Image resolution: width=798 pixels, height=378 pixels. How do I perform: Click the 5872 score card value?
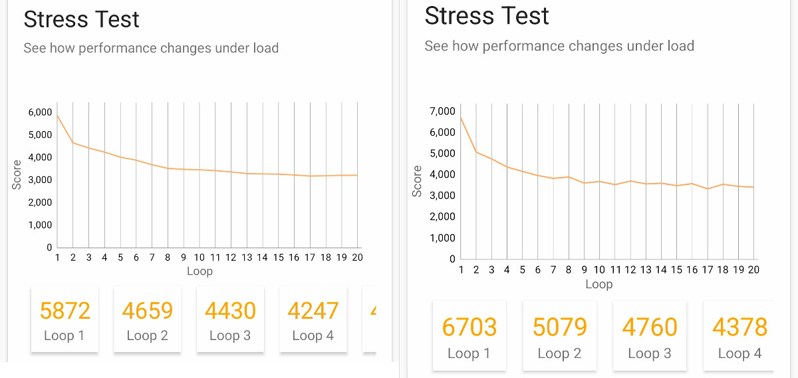click(x=65, y=311)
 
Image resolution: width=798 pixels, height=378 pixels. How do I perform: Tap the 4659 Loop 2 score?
click(x=147, y=311)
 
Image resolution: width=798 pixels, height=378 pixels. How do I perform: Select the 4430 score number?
click(x=230, y=311)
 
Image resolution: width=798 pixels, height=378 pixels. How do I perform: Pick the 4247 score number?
click(x=313, y=311)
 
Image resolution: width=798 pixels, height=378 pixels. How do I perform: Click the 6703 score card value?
click(x=469, y=327)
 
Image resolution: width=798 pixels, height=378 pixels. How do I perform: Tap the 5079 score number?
click(x=559, y=327)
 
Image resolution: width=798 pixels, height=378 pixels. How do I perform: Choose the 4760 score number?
click(x=650, y=327)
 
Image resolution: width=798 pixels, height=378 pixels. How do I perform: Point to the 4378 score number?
click(x=739, y=327)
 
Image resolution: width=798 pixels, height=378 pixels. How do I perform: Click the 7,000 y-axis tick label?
click(x=442, y=110)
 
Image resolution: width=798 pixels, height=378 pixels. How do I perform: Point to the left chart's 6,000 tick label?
click(x=40, y=112)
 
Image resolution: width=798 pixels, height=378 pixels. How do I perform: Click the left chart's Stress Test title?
click(x=82, y=19)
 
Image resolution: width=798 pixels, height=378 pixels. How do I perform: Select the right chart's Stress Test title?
click(x=487, y=15)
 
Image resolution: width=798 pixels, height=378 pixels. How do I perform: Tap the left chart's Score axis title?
click(x=17, y=174)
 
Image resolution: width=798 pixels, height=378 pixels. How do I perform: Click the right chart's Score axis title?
click(x=417, y=181)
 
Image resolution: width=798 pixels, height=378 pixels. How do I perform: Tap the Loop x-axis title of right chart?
click(x=598, y=284)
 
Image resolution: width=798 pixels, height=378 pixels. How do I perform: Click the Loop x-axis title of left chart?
click(x=199, y=271)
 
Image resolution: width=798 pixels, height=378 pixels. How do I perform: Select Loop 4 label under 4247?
click(x=313, y=336)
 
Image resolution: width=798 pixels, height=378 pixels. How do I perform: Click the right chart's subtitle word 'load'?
click(x=679, y=46)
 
